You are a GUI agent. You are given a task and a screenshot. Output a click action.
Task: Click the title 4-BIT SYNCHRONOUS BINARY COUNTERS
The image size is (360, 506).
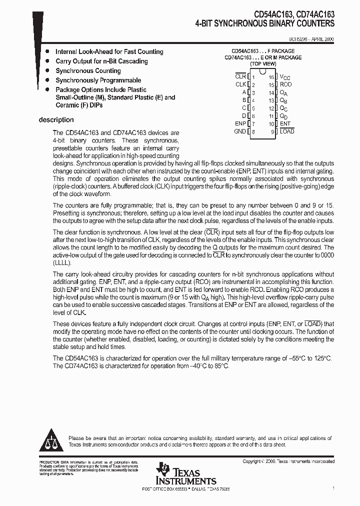(265, 23)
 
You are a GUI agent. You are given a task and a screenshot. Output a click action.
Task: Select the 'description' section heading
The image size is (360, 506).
(56, 120)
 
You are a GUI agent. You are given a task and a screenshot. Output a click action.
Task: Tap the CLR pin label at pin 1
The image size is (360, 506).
(240, 76)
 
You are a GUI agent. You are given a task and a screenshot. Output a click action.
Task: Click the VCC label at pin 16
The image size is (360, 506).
(285, 77)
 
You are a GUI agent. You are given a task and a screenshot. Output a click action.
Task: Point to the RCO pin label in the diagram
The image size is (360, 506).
(285, 84)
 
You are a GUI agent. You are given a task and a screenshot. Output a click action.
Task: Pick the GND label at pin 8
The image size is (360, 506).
(240, 131)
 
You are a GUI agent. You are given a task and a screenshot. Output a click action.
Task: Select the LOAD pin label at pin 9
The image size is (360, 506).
(287, 131)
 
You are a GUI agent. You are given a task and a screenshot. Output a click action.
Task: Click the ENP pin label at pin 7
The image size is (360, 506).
(240, 123)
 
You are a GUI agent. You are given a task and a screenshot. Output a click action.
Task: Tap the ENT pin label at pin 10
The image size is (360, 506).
(285, 123)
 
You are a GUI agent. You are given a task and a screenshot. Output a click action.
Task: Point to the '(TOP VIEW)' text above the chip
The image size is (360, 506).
(263, 64)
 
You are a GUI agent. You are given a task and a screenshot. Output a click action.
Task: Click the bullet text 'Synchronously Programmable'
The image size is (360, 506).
(98, 80)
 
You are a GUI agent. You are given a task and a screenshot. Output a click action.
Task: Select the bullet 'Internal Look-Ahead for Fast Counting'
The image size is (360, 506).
(109, 51)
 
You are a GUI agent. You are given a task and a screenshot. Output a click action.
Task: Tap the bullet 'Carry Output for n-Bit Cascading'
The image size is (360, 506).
(101, 61)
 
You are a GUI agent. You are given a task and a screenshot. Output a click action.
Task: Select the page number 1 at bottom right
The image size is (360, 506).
(333, 487)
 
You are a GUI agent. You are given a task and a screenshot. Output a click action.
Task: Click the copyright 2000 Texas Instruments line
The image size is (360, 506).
(288, 461)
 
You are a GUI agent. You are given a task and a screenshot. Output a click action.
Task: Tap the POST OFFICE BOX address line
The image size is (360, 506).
(186, 488)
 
